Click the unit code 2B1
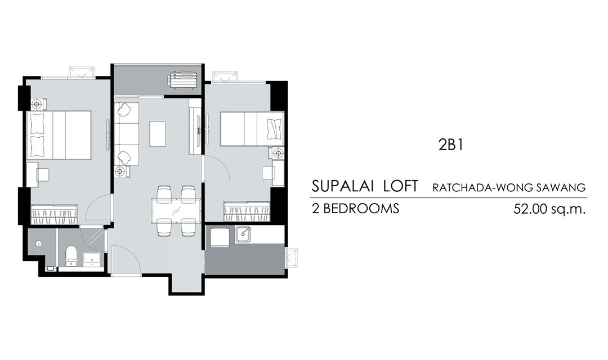[x=450, y=145]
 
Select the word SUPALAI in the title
[x=343, y=186]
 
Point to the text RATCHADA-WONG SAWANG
[x=509, y=188]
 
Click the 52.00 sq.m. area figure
[x=549, y=209]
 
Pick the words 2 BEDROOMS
[x=355, y=209]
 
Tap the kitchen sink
[x=243, y=235]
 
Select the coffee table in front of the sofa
[x=158, y=134]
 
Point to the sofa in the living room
[x=127, y=134]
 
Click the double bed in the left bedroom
[x=59, y=135]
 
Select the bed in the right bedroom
[x=252, y=129]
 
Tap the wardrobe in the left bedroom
[x=54, y=214]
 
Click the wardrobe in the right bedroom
[x=247, y=211]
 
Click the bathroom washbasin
[x=92, y=259]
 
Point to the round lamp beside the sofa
[x=120, y=171]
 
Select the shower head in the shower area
[x=38, y=244]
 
